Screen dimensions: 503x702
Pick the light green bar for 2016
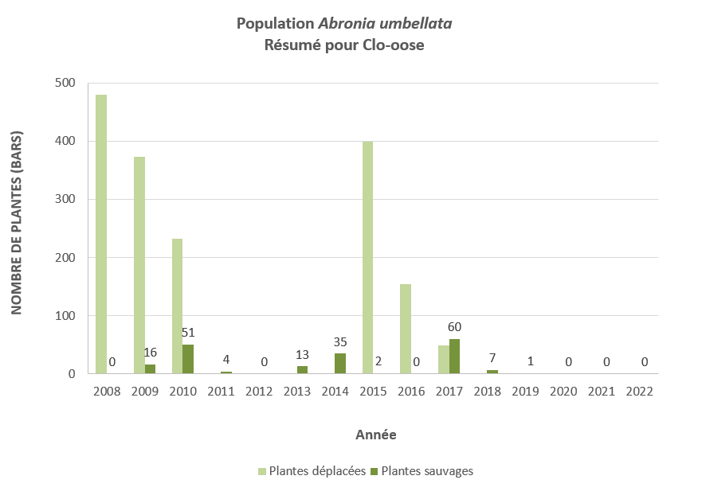click(406, 329)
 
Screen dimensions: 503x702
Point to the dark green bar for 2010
click(188, 359)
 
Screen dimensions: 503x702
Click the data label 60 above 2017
click(454, 326)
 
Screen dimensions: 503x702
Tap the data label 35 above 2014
click(340, 342)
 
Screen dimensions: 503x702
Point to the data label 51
click(188, 332)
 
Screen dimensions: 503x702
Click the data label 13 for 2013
click(303, 355)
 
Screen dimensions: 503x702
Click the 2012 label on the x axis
click(259, 392)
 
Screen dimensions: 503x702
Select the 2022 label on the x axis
click(640, 392)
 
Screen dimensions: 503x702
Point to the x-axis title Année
click(376, 435)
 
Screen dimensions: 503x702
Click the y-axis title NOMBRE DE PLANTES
click(17, 223)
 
